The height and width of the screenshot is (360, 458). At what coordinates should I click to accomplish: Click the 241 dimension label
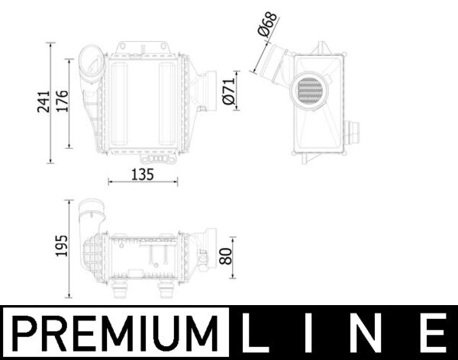click(43, 101)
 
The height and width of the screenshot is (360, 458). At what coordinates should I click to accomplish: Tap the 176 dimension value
click(63, 101)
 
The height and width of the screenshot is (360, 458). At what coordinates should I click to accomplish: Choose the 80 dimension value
click(224, 256)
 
